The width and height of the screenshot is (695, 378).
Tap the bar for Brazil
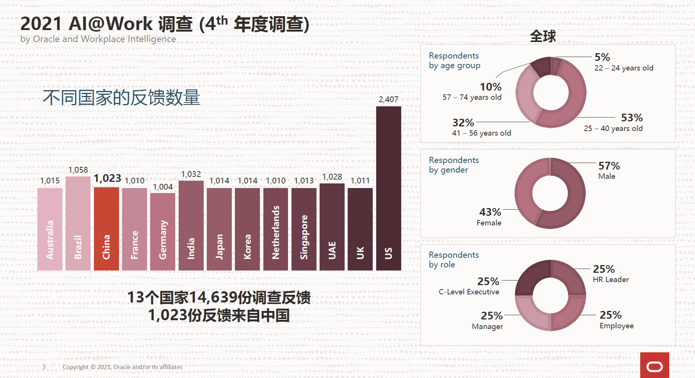[78, 223]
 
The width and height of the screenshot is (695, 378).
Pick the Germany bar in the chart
[162, 232]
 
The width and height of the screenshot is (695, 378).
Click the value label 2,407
[388, 99]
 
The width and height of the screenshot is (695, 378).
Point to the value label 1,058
[78, 170]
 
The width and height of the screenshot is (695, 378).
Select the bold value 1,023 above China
[107, 178]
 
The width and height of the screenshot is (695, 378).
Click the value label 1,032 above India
[191, 174]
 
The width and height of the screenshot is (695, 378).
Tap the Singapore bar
[304, 229]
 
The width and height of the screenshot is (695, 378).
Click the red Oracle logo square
[654, 365]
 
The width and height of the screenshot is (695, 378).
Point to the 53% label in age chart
[632, 118]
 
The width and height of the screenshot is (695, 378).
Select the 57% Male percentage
[609, 166]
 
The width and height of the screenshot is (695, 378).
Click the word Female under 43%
[489, 223]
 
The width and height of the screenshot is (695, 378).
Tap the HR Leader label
[611, 279]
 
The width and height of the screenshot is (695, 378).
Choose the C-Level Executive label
[469, 292]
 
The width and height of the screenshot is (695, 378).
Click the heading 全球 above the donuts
[543, 36]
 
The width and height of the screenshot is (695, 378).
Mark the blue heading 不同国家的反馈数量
[121, 97]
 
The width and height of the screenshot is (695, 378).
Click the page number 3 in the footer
[44, 367]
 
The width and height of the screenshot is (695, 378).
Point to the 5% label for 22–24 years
[602, 57]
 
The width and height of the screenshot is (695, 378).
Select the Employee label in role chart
[616, 326]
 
